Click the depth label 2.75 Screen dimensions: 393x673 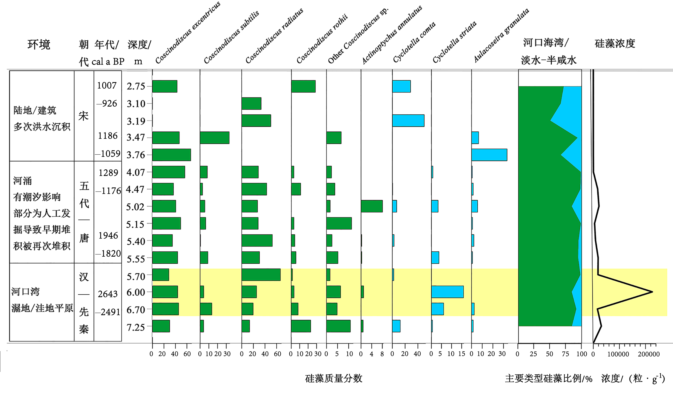136,86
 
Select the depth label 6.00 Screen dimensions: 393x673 136,292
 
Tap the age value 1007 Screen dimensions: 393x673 107,85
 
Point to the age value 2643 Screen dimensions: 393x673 108,294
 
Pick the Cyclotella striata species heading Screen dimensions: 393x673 454,42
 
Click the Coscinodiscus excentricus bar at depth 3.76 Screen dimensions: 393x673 171,155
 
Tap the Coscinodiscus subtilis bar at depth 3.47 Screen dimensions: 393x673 214,138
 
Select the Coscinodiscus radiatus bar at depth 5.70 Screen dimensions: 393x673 261,275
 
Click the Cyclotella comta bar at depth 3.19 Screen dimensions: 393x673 408,121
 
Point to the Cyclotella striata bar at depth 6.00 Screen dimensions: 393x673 447,292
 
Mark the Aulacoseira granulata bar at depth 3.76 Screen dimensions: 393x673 489,155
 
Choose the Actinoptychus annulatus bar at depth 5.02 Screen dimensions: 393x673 371,206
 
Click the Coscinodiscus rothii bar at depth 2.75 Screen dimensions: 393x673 303,86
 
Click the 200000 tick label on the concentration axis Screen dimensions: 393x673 649,354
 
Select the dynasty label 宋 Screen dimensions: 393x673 84,116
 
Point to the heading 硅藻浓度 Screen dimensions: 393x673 615,44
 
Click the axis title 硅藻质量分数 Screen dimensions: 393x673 334,378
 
